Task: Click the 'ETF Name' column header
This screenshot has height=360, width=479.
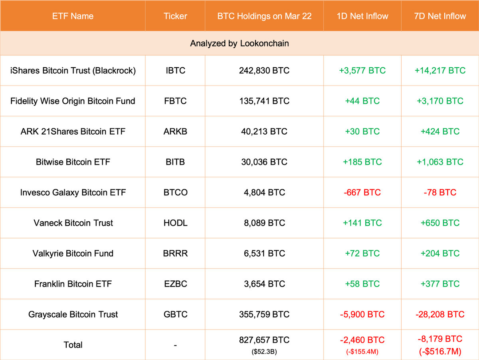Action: pyautogui.click(x=73, y=16)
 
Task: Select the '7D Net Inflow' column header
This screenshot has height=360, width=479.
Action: pyautogui.click(x=440, y=16)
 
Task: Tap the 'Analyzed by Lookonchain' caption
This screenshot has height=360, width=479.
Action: pyautogui.click(x=239, y=43)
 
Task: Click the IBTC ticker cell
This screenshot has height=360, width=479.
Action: pyautogui.click(x=175, y=71)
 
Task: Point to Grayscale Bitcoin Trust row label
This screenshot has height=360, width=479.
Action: pyautogui.click(x=73, y=314)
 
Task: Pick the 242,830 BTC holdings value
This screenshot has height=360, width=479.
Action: pyautogui.click(x=264, y=71)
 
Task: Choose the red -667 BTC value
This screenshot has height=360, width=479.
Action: pyautogui.click(x=362, y=193)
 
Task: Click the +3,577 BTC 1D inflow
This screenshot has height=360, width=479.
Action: pyautogui.click(x=362, y=71)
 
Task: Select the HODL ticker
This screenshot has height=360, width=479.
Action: pyautogui.click(x=175, y=223)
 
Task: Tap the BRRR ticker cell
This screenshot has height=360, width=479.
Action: pyautogui.click(x=175, y=253)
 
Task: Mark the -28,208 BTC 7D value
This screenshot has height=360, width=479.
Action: pyautogui.click(x=440, y=314)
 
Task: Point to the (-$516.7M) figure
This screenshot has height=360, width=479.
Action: pyautogui.click(x=440, y=351)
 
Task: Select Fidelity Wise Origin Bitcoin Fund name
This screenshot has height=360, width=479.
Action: pyautogui.click(x=73, y=101)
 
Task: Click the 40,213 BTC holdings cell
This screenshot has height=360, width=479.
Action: pyautogui.click(x=264, y=131)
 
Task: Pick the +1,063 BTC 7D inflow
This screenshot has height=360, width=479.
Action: pyautogui.click(x=440, y=162)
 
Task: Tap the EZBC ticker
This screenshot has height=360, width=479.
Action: pyautogui.click(x=175, y=284)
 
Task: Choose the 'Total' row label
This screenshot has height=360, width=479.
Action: pyautogui.click(x=73, y=345)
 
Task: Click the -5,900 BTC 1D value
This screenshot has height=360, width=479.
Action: pyautogui.click(x=362, y=314)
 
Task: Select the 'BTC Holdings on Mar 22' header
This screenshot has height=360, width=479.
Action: pyautogui.click(x=264, y=16)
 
